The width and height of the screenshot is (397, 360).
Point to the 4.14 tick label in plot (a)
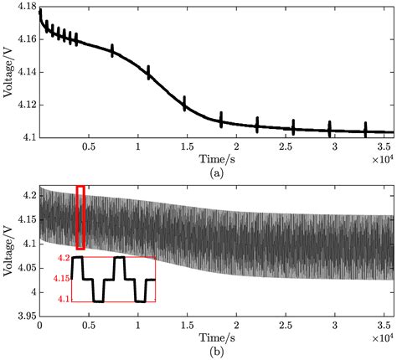click(x=25, y=73)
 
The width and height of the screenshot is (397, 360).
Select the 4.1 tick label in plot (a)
click(x=28, y=136)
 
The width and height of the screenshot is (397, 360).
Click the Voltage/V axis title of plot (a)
click(x=8, y=72)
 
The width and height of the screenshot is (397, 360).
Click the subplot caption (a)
click(x=215, y=170)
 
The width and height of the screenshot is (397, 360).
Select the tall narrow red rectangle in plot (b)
click(x=80, y=218)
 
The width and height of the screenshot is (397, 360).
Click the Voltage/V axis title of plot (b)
click(x=8, y=251)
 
